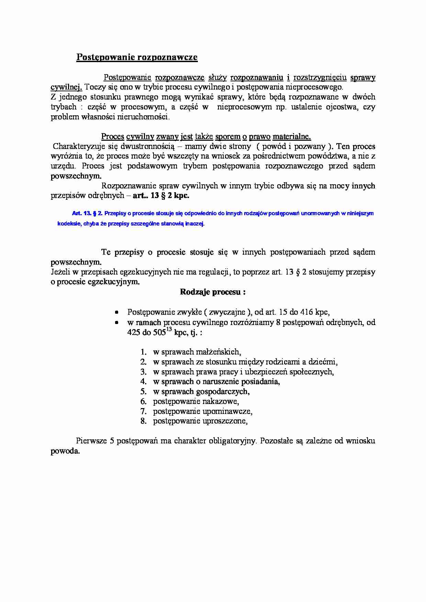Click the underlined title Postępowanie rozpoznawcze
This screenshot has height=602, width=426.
[x=137, y=57]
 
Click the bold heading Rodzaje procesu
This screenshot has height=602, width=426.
[x=213, y=292]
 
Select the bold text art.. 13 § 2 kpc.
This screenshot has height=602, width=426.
[x=161, y=196]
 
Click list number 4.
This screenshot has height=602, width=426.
[x=144, y=381]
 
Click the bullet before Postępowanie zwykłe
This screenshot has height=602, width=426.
[x=117, y=312]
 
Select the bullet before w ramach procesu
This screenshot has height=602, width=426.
[x=117, y=323]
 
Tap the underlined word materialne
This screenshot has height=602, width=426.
[x=292, y=137]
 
